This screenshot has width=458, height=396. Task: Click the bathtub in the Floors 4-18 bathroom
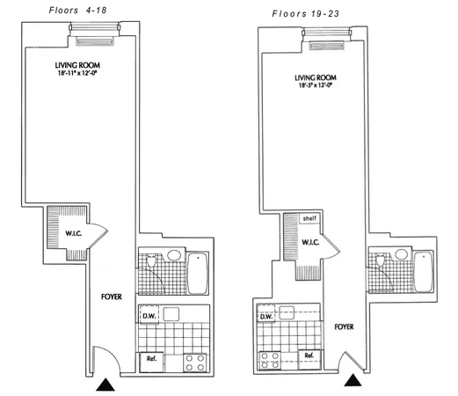(x=198, y=273)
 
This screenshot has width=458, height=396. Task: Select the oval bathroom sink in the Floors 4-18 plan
(x=172, y=257)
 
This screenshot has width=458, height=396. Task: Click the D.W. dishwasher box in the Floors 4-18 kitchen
(x=149, y=315)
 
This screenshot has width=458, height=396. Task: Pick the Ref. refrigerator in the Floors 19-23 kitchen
(x=309, y=356)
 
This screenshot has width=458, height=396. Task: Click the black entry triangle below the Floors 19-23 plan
(x=353, y=380)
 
